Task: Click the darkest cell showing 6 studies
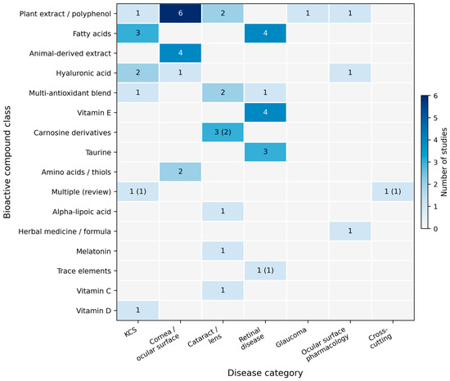(180, 13)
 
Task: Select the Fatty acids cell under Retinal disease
(265, 34)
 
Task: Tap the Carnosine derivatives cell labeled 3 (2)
(223, 132)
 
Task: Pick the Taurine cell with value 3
(265, 152)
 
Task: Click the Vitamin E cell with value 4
(265, 112)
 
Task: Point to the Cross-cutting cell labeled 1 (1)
(393, 191)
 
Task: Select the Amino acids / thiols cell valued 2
(180, 172)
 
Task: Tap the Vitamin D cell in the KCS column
(137, 310)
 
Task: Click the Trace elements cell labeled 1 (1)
(265, 271)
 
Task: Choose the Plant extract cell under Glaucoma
(308, 13)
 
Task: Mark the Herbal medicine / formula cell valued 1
(350, 231)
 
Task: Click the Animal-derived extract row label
(70, 53)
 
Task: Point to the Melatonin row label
(93, 252)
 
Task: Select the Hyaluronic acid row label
(83, 73)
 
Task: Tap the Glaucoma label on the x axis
(291, 338)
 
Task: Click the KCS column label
(131, 332)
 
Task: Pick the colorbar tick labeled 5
(435, 118)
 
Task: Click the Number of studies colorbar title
(444, 162)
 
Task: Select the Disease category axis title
(265, 373)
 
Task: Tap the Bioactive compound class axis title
(7, 162)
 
